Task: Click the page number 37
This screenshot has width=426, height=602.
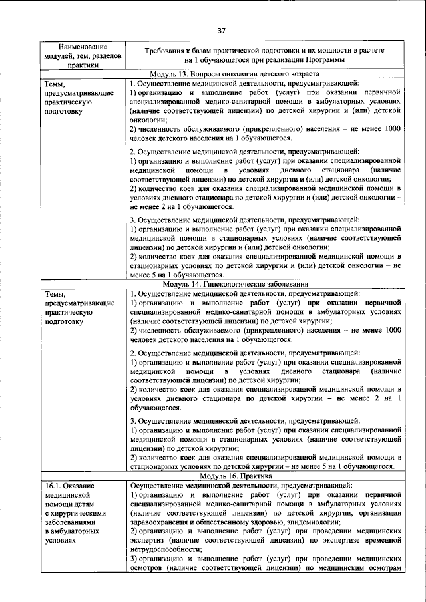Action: [222, 30]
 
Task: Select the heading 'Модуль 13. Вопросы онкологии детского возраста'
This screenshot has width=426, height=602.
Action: [235, 73]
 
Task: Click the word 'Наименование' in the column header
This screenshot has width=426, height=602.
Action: [82, 46]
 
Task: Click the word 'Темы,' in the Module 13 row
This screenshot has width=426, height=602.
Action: [55, 83]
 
